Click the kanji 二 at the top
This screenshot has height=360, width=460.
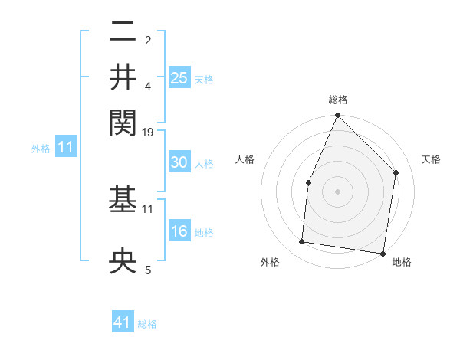123,31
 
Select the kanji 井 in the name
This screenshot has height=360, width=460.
123,76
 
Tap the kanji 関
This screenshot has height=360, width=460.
123,120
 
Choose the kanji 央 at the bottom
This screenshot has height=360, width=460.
123,261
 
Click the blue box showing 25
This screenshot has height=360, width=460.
179,77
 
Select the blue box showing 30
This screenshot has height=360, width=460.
179,163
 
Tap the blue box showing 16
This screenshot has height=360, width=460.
179,232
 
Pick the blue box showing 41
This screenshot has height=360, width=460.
123,322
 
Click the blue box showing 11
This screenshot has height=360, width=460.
65,148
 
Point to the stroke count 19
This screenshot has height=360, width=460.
148,132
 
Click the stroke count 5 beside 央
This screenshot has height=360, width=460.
148,270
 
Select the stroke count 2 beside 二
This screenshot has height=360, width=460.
148,39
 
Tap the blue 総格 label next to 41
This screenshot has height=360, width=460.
147,324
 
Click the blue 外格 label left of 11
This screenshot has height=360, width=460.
40,149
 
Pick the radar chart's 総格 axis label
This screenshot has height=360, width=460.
337,100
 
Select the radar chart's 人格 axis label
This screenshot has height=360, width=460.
245,159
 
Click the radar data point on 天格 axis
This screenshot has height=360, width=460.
396,172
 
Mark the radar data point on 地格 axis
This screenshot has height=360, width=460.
383,254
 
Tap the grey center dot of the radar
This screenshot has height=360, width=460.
337,191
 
